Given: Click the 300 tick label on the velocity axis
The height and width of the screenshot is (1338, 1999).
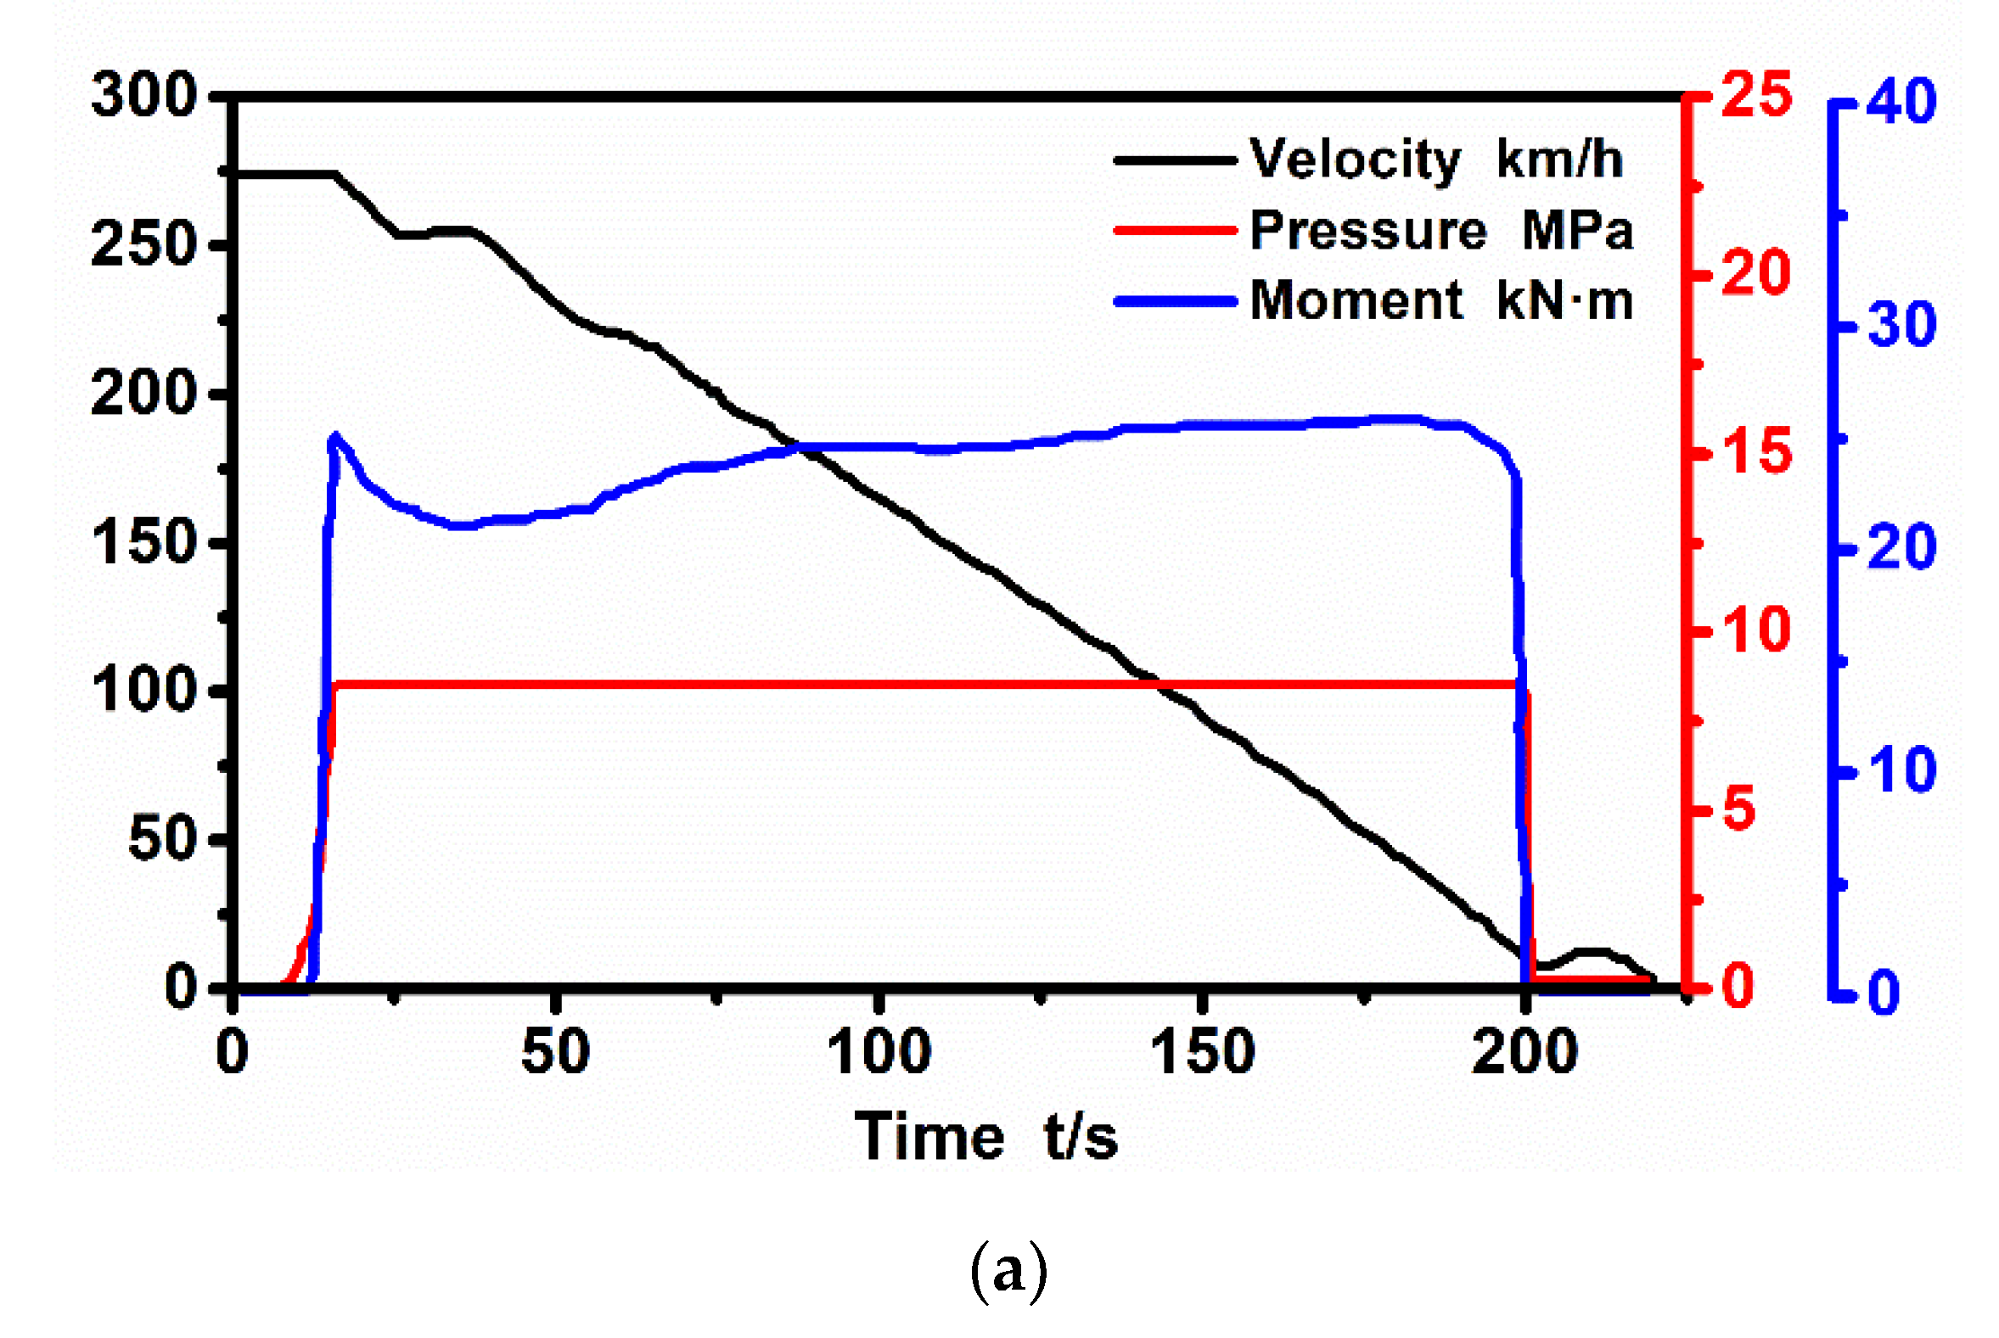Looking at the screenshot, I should (143, 95).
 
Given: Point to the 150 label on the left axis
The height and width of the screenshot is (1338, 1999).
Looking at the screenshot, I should (143, 542).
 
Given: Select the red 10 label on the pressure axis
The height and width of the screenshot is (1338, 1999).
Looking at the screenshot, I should (1755, 630).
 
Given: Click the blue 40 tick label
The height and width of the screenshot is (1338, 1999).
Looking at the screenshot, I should (1901, 102).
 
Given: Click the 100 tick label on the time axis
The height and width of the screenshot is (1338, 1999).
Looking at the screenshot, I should (879, 1051).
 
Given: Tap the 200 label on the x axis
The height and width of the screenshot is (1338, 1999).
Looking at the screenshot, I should (1525, 1051).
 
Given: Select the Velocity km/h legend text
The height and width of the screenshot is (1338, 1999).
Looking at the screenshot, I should (1435, 159).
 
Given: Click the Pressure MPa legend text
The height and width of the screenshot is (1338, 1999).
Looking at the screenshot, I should (1440, 230).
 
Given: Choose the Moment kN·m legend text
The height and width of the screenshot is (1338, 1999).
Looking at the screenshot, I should (1440, 300).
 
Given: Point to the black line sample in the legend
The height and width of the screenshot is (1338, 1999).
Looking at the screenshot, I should (1176, 160).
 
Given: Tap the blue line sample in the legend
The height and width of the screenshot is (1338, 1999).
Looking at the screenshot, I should (1176, 301).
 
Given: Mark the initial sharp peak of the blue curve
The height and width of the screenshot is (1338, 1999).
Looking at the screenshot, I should (335, 436).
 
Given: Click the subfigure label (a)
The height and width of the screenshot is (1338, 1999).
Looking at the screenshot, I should (1008, 1271).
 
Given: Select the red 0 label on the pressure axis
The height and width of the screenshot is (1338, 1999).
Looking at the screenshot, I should (1738, 987).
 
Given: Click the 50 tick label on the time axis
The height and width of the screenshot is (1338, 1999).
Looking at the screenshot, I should (556, 1051).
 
